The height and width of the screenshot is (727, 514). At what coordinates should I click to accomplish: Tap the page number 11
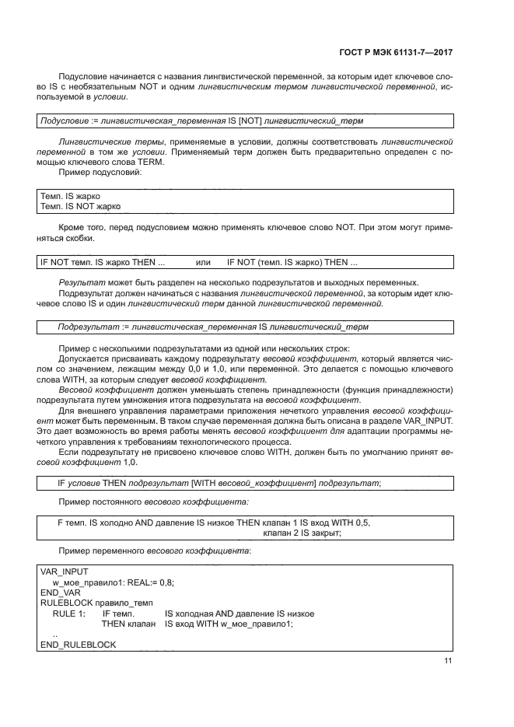(x=448, y=661)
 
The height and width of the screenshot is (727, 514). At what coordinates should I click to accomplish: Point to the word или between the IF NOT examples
(x=204, y=262)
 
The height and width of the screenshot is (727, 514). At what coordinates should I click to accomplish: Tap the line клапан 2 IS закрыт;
(x=302, y=533)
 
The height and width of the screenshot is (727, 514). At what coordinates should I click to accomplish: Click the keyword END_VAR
(x=60, y=592)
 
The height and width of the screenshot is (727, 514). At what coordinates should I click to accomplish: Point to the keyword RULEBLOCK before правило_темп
(x=68, y=603)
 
